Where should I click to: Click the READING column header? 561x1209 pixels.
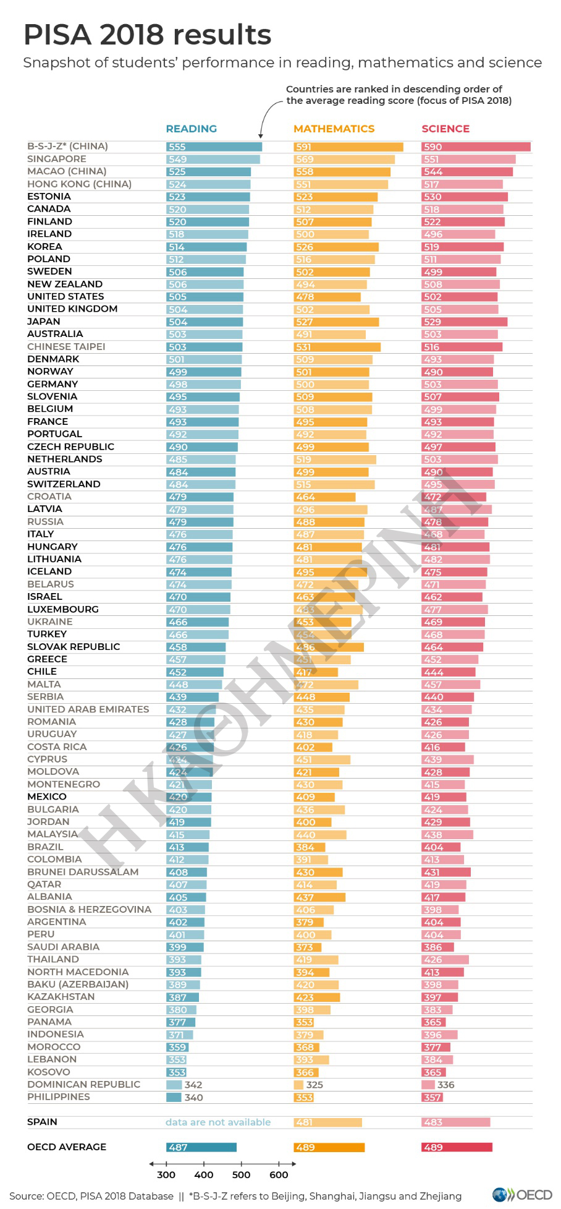tap(191, 129)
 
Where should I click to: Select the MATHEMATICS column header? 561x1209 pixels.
tap(334, 129)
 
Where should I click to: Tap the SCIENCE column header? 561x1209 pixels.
tap(445, 129)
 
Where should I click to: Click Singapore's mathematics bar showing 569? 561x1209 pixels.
tap(344, 160)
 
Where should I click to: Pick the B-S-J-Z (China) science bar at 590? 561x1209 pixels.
tap(476, 147)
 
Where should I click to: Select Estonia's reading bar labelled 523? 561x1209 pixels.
tap(208, 197)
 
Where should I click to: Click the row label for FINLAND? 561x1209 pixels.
tap(49, 221)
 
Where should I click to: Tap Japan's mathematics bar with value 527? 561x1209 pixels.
tap(335, 322)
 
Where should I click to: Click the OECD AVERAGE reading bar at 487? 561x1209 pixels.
tap(201, 1147)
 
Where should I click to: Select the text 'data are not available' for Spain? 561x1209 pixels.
tap(218, 1122)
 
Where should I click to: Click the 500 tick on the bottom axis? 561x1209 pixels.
tap(241, 1174)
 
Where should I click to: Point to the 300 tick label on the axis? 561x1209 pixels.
tap(166, 1174)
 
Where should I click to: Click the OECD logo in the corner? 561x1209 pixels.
tap(522, 1194)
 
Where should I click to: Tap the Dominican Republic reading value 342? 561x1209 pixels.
tap(193, 1085)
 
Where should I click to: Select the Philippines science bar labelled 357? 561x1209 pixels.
tap(432, 1097)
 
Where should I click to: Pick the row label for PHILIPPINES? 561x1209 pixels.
tap(59, 1096)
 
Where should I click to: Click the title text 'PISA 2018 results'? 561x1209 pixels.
tap(147, 35)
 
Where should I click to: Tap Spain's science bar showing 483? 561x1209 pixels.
tap(455, 1122)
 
